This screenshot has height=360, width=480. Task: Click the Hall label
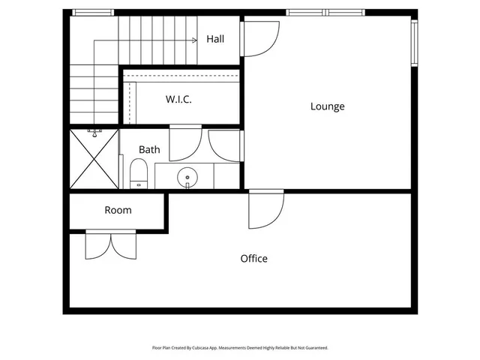(x=215, y=39)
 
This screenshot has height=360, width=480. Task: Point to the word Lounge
(x=328, y=106)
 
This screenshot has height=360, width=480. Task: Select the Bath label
(x=149, y=149)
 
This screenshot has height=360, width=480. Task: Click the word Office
(x=253, y=259)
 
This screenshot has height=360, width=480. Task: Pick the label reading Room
(x=118, y=210)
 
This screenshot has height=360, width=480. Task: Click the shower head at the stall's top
(x=94, y=133)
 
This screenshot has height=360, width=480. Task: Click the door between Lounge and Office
(x=265, y=209)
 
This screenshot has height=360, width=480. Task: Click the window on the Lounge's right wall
(x=413, y=43)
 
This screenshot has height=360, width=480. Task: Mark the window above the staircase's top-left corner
(x=93, y=12)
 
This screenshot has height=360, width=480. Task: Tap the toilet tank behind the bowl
(x=139, y=184)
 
